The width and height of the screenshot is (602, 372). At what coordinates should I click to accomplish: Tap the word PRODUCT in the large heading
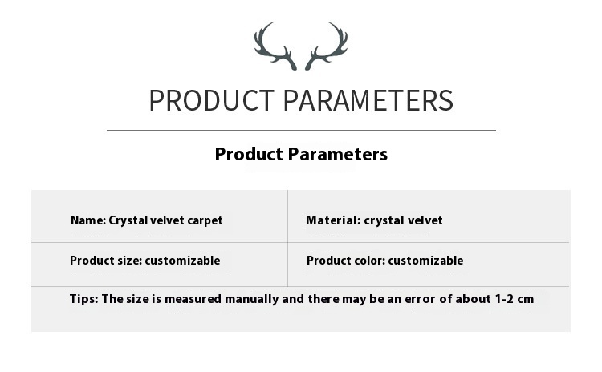(212, 100)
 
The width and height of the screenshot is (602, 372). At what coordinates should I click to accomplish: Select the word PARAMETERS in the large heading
(368, 100)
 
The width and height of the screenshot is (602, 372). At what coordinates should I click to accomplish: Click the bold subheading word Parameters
(337, 154)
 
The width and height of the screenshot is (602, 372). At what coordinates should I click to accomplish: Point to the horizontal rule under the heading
(301, 131)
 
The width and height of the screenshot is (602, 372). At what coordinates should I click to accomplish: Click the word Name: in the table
(88, 220)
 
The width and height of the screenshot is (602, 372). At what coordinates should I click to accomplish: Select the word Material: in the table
(333, 220)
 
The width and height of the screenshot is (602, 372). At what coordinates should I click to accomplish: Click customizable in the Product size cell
(182, 261)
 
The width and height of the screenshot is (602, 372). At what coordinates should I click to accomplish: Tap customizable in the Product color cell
(425, 261)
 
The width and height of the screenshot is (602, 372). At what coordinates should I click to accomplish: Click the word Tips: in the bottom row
(84, 299)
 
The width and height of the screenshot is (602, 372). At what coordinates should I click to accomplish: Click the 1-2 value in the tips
(505, 299)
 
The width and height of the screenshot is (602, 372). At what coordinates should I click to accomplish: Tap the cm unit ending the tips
(526, 300)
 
